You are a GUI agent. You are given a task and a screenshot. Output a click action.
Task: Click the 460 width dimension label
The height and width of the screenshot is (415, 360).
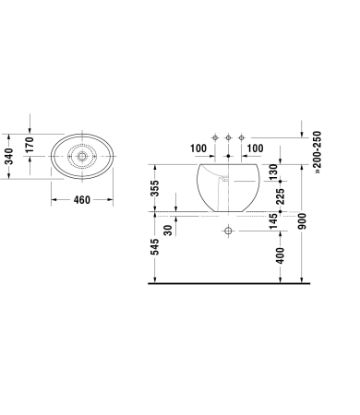tap(82, 200)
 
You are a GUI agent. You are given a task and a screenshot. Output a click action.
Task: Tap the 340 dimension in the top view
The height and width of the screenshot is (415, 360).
tap(9, 157)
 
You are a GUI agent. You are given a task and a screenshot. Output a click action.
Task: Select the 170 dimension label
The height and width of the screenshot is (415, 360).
tap(29, 145)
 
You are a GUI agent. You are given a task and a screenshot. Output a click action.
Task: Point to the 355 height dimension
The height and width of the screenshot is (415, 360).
tap(155, 188)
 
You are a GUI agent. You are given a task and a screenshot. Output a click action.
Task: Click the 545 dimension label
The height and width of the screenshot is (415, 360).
tap(155, 246)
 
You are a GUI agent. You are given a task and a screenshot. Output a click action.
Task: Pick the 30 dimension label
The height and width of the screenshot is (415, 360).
tap(168, 231)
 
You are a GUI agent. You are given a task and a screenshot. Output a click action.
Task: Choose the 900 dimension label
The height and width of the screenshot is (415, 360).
tap(303, 221)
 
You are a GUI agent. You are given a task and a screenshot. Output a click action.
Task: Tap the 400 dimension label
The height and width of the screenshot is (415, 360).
tap(281, 255)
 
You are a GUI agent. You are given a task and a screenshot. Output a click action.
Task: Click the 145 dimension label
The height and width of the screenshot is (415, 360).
tap(273, 221)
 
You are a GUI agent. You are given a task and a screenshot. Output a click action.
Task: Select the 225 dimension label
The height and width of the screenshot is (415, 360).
tap(281, 196)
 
